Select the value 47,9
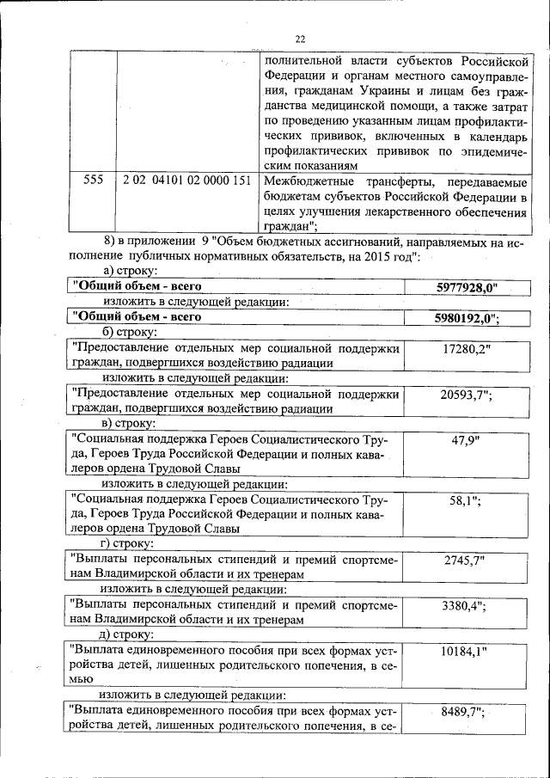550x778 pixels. (x=464, y=439)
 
